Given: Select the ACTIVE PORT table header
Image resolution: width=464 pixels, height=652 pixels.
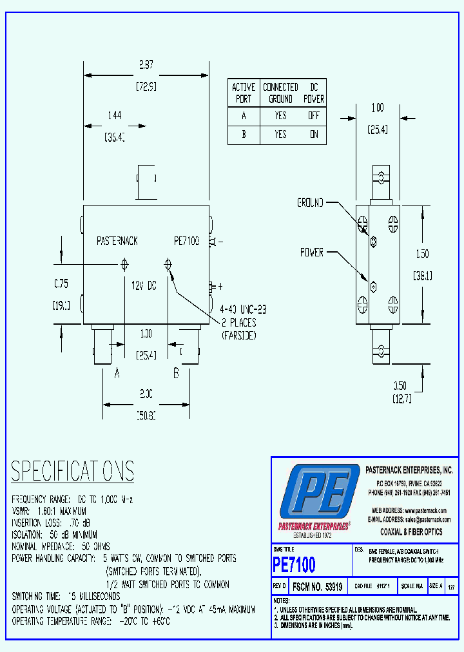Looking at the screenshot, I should click(244, 93).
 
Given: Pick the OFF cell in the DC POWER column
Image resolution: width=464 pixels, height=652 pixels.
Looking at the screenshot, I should click(314, 116).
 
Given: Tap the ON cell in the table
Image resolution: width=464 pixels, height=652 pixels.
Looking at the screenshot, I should click(314, 135).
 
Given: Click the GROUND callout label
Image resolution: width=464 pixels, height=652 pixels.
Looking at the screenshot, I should click(310, 203).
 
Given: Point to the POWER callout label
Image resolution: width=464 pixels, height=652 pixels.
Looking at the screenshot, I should click(312, 253).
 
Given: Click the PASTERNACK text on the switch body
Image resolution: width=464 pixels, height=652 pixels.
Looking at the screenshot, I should click(117, 241).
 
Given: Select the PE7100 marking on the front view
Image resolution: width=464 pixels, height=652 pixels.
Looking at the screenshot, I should click(187, 241).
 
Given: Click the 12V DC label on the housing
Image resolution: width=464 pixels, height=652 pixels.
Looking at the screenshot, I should click(144, 285).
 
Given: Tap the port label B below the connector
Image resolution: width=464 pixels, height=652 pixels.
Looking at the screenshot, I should click(175, 372).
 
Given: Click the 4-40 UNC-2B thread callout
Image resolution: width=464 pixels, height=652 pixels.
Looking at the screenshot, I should click(242, 310).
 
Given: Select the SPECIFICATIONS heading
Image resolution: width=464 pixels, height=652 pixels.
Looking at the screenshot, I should click(73, 472).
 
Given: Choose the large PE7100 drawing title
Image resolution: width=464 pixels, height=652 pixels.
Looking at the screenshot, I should click(295, 566).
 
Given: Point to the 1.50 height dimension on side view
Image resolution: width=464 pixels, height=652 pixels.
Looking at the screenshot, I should click(422, 254).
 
